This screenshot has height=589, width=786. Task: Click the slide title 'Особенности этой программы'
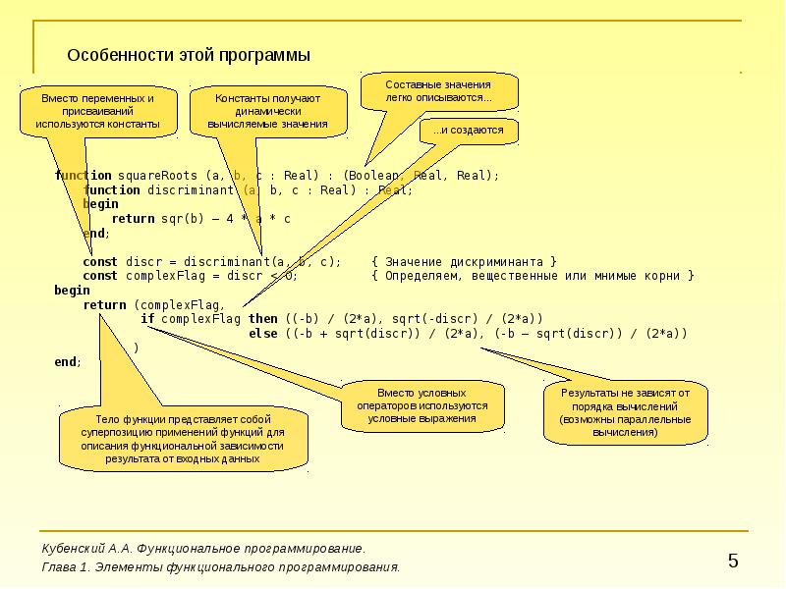pyautogui.click(x=189, y=55)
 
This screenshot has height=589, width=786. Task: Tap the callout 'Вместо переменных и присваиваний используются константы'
pyautogui.click(x=97, y=112)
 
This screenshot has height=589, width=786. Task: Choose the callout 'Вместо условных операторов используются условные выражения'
pyautogui.click(x=422, y=404)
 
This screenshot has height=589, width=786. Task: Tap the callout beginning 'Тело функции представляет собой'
pyautogui.click(x=183, y=438)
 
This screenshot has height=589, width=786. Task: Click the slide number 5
pyautogui.click(x=733, y=561)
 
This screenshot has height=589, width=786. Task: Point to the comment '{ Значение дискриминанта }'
pyautogui.click(x=465, y=261)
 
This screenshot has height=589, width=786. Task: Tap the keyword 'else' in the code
pyautogui.click(x=263, y=334)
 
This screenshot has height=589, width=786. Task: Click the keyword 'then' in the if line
pyautogui.click(x=263, y=319)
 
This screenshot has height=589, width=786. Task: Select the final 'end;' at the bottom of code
pyautogui.click(x=68, y=362)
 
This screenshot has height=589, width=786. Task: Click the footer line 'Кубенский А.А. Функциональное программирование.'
pyautogui.click(x=203, y=548)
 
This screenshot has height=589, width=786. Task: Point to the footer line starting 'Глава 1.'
pyautogui.click(x=221, y=567)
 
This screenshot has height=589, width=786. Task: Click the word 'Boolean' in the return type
pyautogui.click(x=375, y=175)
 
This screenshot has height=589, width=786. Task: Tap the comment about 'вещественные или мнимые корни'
pyautogui.click(x=533, y=276)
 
